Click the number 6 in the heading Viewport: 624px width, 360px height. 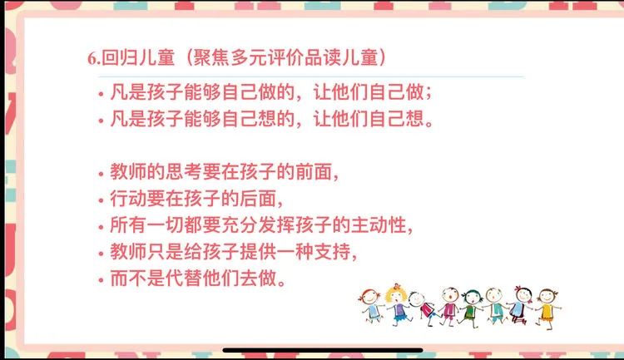click(x=92, y=59)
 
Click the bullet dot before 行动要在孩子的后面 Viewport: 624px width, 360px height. click(x=101, y=200)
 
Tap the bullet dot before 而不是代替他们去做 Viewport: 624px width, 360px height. click(x=101, y=280)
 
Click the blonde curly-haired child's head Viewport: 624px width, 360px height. click(x=395, y=294)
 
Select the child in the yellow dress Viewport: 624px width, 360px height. click(x=547, y=308)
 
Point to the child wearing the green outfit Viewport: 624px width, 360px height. click(x=471, y=308)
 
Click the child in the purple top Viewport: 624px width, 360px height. click(x=449, y=307)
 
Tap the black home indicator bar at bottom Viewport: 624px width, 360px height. click(x=323, y=351)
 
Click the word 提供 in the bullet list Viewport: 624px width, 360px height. click(x=258, y=251)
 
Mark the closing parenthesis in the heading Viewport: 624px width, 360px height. click(x=383, y=57)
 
